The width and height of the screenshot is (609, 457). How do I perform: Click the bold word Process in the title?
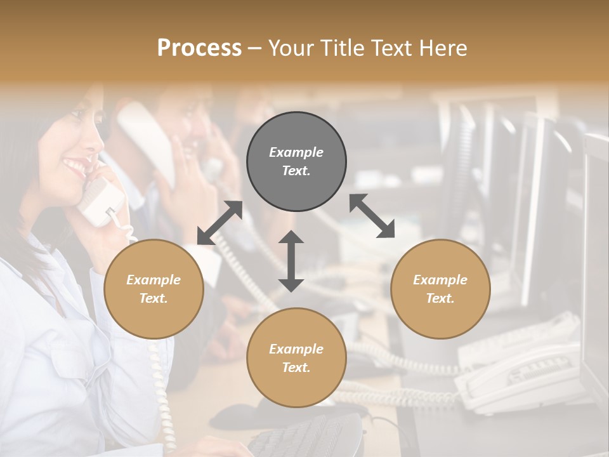[199, 48]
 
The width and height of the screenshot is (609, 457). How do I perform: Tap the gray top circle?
[296, 162]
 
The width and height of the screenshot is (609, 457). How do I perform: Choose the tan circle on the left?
[154, 289]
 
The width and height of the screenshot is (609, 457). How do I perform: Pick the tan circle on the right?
[440, 289]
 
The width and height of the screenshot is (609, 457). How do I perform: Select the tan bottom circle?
[296, 358]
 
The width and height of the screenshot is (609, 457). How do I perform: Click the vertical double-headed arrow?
[291, 261]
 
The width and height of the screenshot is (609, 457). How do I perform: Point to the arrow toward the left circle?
[219, 223]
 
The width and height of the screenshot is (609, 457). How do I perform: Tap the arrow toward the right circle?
[372, 216]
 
